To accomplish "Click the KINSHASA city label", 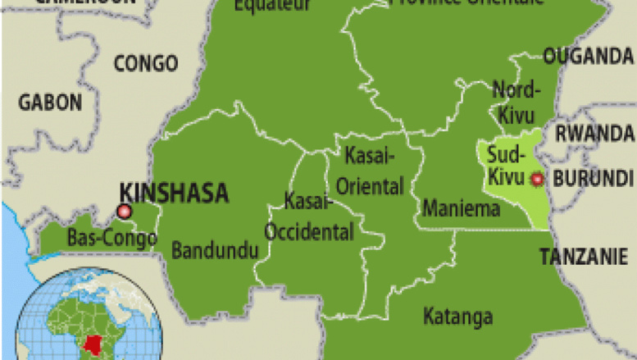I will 173,193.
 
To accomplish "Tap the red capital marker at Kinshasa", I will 125,212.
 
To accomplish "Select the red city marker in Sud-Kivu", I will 537,179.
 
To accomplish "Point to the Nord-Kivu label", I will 515,100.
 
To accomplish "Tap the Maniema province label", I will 462,208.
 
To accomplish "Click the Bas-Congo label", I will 102,239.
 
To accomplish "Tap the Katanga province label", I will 458,316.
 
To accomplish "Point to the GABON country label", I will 50,103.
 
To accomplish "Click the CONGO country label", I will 145,63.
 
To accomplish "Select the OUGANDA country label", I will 589,57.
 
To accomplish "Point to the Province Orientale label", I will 466,3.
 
